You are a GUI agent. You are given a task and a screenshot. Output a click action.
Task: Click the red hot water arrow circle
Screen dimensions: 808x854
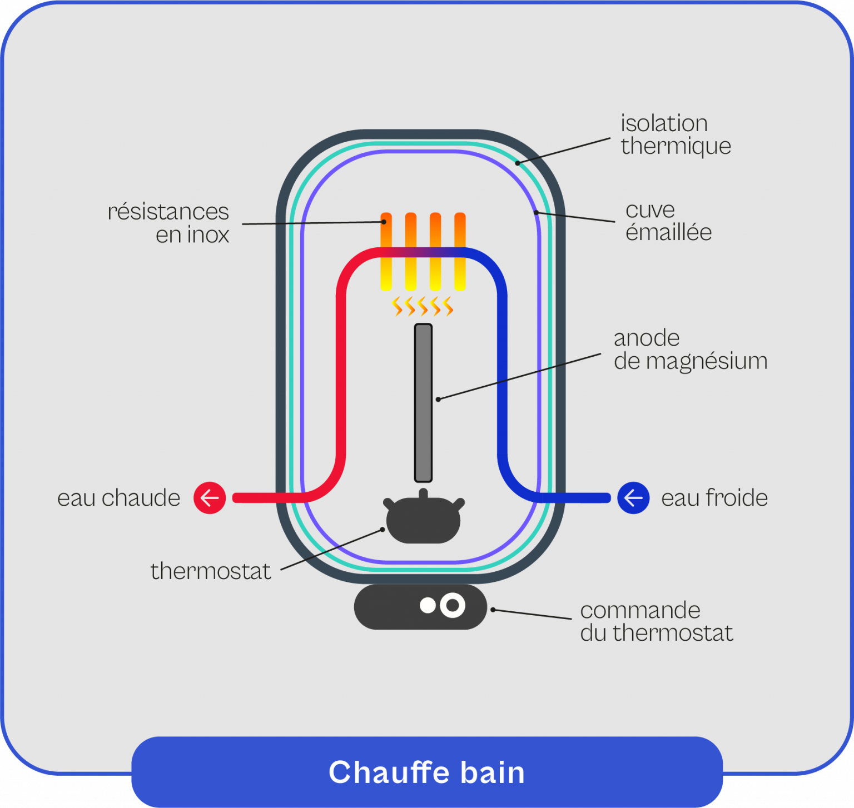pyautogui.click(x=210, y=497)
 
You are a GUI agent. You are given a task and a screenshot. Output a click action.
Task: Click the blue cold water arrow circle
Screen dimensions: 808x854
pyautogui.click(x=633, y=497)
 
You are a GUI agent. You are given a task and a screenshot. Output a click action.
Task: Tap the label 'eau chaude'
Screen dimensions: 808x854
pyautogui.click(x=118, y=498)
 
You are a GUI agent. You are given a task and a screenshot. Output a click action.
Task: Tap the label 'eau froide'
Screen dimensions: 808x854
pyautogui.click(x=714, y=498)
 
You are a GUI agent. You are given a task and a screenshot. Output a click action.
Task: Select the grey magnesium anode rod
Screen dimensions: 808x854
pyautogui.click(x=423, y=403)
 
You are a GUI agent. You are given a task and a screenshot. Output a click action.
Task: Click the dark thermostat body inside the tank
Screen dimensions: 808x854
pyautogui.click(x=423, y=520)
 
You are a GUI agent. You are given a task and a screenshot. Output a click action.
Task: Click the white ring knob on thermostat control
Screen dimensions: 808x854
pyautogui.click(x=453, y=605)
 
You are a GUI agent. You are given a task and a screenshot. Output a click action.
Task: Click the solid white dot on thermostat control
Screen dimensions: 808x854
pyautogui.click(x=428, y=605)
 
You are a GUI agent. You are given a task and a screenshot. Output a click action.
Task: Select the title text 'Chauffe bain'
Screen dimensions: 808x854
pyautogui.click(x=426, y=772)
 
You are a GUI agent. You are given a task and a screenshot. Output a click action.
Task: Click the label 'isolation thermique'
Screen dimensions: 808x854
pyautogui.click(x=675, y=134)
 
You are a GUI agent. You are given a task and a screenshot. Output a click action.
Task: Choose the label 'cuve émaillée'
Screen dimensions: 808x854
pyautogui.click(x=668, y=221)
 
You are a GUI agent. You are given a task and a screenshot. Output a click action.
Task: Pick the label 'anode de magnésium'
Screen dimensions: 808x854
pyautogui.click(x=690, y=350)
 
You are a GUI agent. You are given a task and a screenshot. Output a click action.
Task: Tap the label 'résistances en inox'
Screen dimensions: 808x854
pyautogui.click(x=168, y=223)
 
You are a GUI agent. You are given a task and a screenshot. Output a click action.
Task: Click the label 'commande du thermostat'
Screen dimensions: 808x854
pyautogui.click(x=656, y=621)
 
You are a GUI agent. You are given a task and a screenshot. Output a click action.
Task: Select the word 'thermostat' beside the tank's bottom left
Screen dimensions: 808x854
pyautogui.click(x=211, y=571)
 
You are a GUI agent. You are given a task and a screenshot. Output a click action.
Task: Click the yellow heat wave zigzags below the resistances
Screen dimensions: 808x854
pyautogui.click(x=423, y=306)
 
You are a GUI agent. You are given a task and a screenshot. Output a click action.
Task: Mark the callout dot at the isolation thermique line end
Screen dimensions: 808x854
pyautogui.click(x=517, y=163)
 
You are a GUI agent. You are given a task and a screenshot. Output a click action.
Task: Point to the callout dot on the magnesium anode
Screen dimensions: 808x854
pyautogui.click(x=438, y=399)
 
